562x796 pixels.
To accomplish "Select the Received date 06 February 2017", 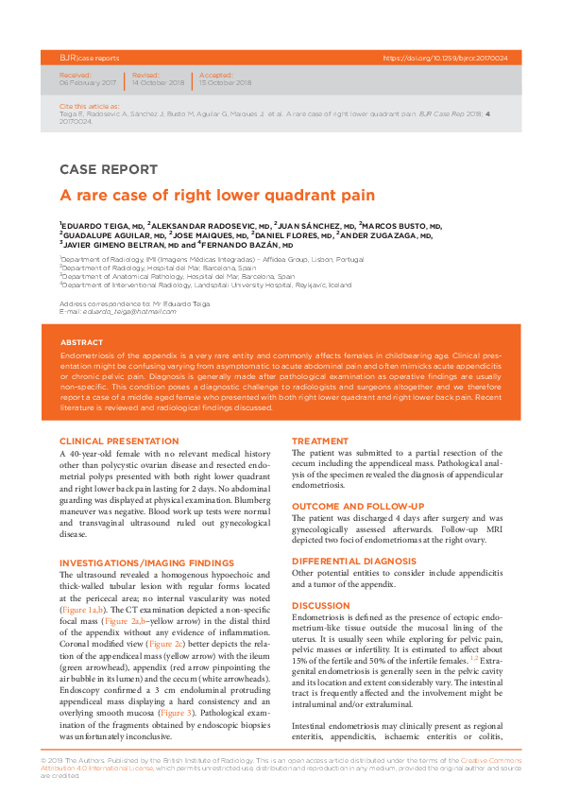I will pos(88,83).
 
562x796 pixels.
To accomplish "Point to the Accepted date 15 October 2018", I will pos(225,83).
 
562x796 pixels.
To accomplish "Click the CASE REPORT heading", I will pos(109,170).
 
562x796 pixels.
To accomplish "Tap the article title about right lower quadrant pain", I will pos(217,196).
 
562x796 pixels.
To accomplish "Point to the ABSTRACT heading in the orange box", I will pos(81,342).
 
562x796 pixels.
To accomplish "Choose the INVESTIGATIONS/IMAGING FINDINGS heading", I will pos(146,563).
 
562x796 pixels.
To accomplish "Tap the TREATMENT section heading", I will pos(320,441).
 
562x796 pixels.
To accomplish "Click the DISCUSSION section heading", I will pos(320,605).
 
